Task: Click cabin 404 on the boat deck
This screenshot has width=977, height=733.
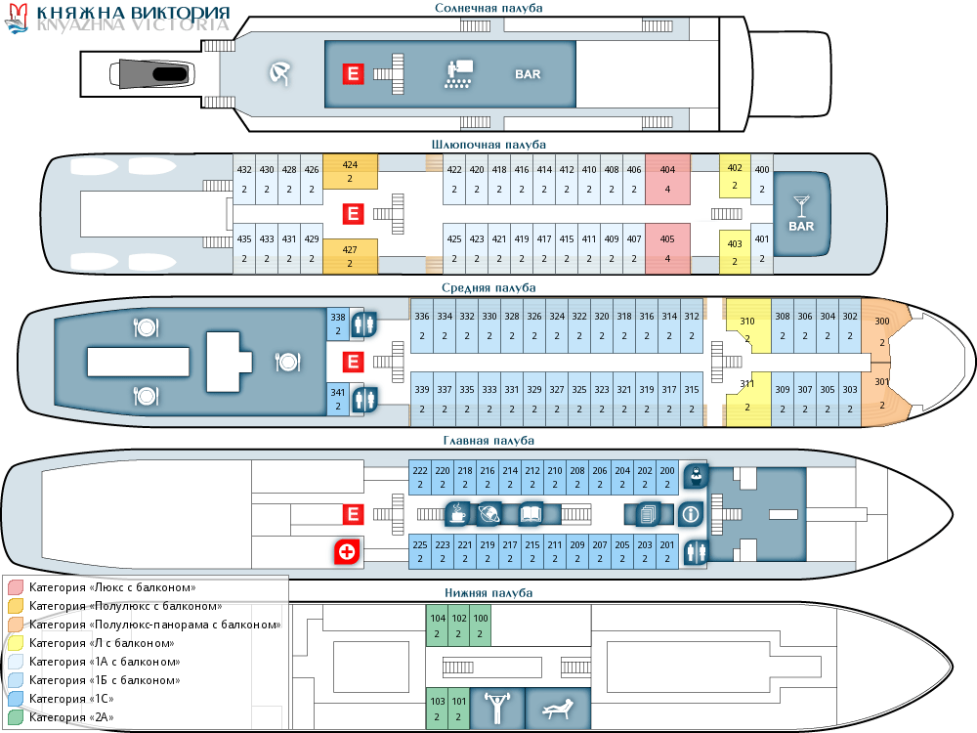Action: (x=668, y=179)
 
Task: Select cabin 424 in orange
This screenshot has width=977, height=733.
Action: (x=350, y=172)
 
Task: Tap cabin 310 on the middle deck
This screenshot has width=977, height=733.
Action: (x=747, y=327)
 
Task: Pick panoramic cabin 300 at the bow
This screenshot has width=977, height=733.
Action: (x=883, y=331)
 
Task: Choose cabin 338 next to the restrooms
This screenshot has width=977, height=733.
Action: (x=338, y=324)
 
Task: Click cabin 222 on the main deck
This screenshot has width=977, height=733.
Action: (x=420, y=477)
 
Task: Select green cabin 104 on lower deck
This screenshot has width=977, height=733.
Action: (x=437, y=625)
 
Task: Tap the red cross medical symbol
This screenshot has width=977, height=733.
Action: (x=346, y=552)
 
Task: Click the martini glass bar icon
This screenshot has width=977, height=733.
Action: (x=801, y=204)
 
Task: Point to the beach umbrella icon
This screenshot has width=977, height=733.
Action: (x=280, y=73)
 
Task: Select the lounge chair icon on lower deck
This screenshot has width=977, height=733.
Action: (x=559, y=708)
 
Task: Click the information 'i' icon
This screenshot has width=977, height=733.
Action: (x=691, y=513)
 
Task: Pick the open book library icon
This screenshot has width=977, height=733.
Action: (x=531, y=513)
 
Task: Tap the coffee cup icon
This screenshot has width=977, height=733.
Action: (x=456, y=512)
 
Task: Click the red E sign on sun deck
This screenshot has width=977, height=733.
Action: (x=353, y=73)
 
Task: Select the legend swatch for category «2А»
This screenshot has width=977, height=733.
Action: (x=16, y=717)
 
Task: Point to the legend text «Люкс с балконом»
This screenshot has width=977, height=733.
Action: (x=113, y=587)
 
